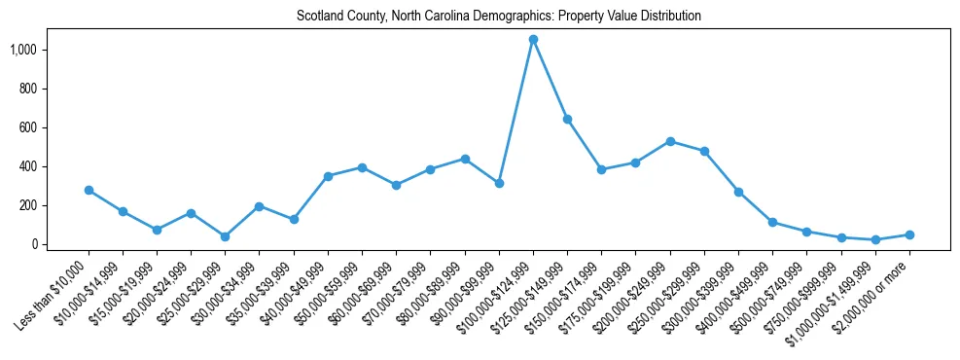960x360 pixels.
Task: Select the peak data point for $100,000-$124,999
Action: [x=533, y=39]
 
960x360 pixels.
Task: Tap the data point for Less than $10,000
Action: [x=89, y=190]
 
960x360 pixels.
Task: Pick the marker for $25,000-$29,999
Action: [x=226, y=236]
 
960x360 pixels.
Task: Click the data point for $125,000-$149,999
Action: [x=567, y=119]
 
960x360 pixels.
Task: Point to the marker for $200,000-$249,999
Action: [x=670, y=141]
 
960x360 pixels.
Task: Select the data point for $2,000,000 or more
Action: [x=909, y=234]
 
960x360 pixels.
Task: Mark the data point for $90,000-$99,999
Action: [x=499, y=183]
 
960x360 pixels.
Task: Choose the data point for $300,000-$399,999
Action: [x=738, y=192]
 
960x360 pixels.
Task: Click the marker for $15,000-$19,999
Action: [x=157, y=230]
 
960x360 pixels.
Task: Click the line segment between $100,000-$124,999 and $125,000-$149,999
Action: [x=551, y=79]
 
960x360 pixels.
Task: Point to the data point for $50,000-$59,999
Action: [x=362, y=167]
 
